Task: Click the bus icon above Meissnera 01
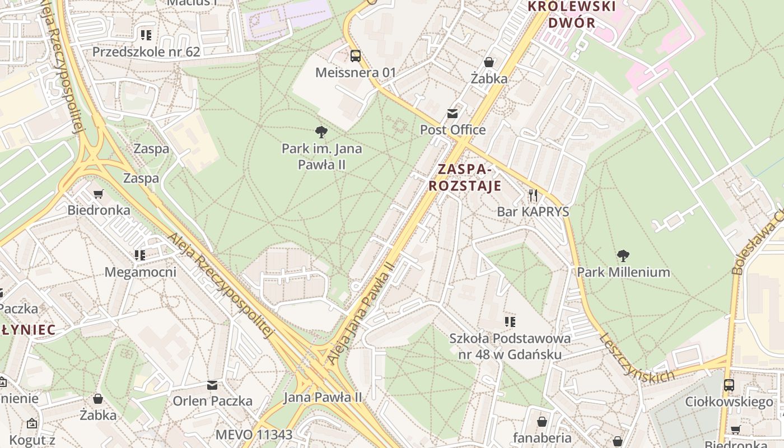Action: (356, 55)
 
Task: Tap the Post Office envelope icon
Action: (452, 114)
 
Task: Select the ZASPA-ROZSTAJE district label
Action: (465, 177)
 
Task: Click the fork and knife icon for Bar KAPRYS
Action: (533, 195)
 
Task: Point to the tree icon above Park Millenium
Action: (623, 256)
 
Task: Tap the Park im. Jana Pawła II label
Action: (321, 156)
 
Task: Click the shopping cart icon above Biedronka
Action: (99, 194)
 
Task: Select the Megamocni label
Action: (141, 272)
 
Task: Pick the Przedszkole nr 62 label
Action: (146, 52)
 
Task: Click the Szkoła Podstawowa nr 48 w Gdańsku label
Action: (510, 346)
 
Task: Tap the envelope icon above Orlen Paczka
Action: (212, 385)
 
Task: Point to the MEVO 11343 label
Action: (254, 435)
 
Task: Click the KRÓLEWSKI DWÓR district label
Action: (572, 15)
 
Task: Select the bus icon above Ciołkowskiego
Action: (729, 385)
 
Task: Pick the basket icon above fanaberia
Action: (542, 422)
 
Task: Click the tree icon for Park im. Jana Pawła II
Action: (321, 132)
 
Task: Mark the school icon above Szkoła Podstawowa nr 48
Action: (510, 321)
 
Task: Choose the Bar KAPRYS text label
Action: (533, 212)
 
